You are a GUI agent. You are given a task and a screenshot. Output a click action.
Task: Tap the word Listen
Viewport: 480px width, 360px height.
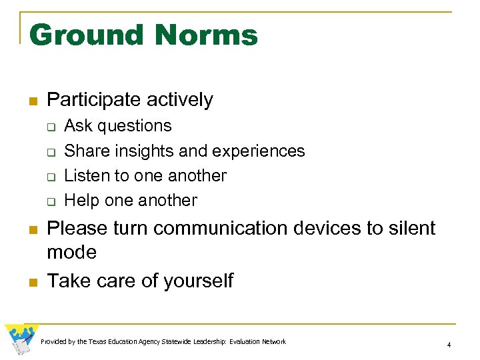83,176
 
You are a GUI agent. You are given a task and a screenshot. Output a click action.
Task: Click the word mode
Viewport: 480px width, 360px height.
71,253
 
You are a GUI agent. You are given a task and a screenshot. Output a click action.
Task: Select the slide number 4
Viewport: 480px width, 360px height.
449,345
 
